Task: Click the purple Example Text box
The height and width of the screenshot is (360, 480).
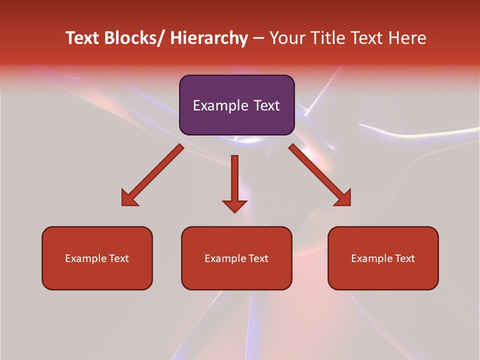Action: [237, 105]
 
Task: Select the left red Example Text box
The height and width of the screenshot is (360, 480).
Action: [97, 258]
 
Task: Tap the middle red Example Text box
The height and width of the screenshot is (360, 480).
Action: [236, 258]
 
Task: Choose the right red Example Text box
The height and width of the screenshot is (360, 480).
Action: [383, 258]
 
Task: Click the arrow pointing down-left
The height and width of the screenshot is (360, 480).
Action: [152, 175]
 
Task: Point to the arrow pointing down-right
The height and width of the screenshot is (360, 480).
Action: [320, 175]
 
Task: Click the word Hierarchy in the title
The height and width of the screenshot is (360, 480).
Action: [209, 38]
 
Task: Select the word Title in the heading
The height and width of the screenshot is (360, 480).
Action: [327, 38]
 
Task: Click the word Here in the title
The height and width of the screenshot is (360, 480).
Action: [407, 38]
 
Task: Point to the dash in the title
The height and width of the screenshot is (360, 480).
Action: [258, 38]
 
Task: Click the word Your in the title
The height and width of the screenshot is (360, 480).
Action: [287, 38]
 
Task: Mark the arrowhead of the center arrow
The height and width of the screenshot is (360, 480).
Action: [234, 205]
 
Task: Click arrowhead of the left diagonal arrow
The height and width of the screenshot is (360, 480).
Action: [128, 199]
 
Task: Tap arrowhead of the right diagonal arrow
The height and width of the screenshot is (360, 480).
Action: [343, 198]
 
